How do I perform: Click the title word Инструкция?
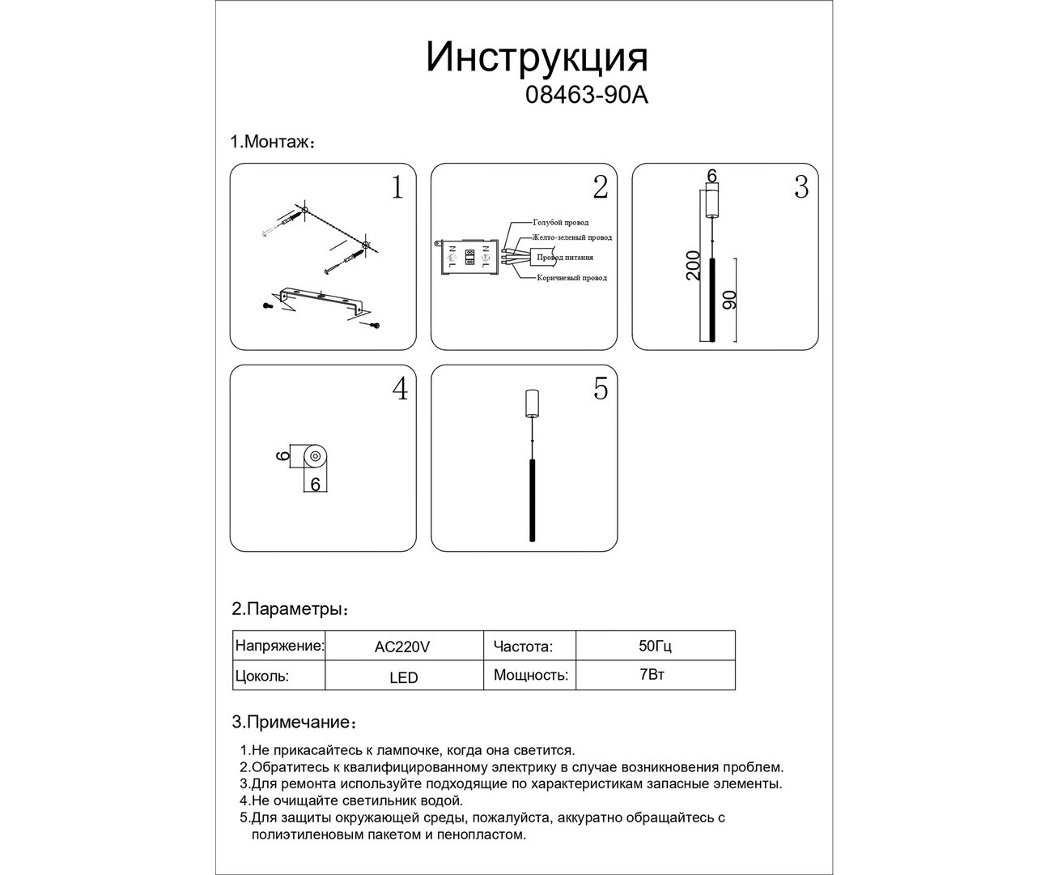537,58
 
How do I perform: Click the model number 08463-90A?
587,96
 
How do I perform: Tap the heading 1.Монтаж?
272,142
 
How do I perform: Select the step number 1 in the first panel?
397,188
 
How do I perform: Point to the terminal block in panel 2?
469,258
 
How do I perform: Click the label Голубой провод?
560,222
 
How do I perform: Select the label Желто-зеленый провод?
571,237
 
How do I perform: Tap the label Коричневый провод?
571,278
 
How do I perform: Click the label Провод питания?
565,258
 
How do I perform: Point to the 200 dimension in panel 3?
693,265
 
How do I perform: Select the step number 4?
400,390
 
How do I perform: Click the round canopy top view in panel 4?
316,458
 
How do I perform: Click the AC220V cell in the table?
402,647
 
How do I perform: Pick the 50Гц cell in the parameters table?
656,646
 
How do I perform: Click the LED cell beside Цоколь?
403,677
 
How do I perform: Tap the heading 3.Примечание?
293,722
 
